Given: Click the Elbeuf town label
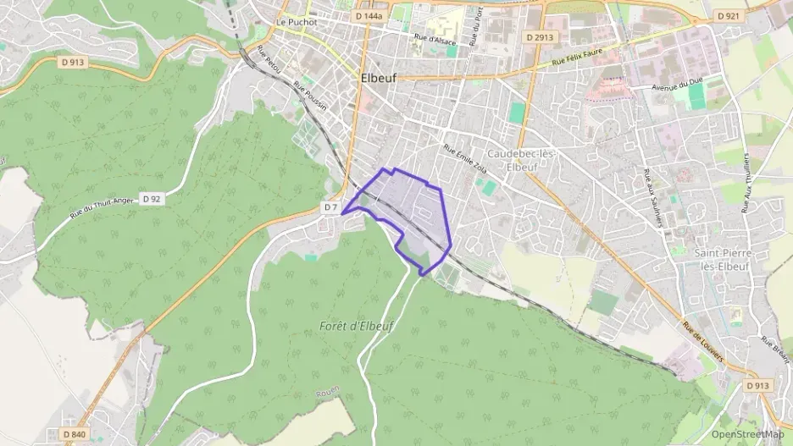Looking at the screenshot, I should pyautogui.click(x=379, y=76).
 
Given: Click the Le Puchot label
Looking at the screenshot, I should pyautogui.click(x=297, y=22).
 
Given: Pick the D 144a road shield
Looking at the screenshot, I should pyautogui.click(x=369, y=16).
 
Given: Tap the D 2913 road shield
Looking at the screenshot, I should pyautogui.click(x=539, y=37).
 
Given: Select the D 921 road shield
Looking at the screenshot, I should pyautogui.click(x=728, y=15).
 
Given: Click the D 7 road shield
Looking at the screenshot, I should pyautogui.click(x=330, y=207).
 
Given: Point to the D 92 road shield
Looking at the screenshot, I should pyautogui.click(x=152, y=198).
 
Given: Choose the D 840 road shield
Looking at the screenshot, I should pyautogui.click(x=74, y=434).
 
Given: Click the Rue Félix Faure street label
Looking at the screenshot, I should pyautogui.click(x=576, y=59).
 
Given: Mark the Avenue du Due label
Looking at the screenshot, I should pyautogui.click(x=679, y=86).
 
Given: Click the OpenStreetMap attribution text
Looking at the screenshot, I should pyautogui.click(x=747, y=434).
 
